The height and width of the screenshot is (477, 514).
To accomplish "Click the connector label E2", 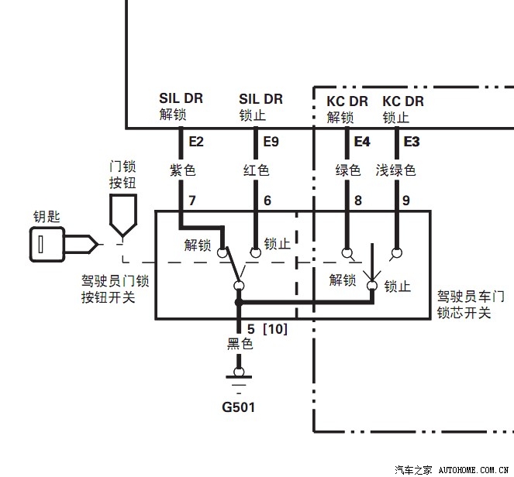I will click(195, 142).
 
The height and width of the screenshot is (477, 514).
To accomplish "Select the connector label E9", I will click(271, 142).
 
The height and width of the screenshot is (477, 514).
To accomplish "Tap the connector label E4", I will click(362, 142).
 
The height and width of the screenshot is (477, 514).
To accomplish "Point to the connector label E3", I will click(412, 142).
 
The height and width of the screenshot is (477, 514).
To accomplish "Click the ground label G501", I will click(238, 407).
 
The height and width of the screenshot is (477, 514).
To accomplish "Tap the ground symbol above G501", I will click(238, 379).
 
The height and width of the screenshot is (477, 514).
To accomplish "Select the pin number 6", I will click(267, 201).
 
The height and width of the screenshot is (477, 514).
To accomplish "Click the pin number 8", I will click(357, 201).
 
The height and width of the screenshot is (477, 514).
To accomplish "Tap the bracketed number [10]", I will click(275, 329).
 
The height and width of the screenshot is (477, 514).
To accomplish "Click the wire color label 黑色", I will click(238, 345).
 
